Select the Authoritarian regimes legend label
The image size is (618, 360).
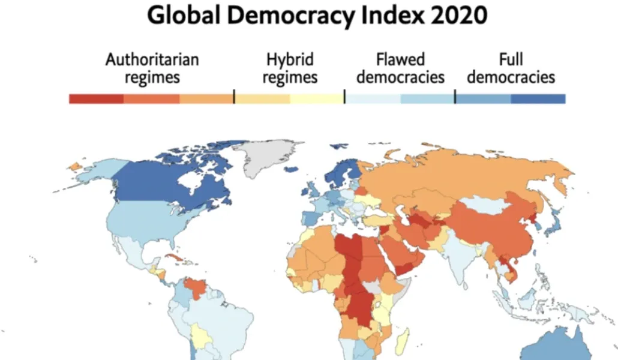point(152,68)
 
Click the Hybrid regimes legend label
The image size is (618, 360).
point(290,68)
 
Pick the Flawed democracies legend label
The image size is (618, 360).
point(400,68)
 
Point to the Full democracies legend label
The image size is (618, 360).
point(511,68)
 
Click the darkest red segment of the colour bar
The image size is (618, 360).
point(96,99)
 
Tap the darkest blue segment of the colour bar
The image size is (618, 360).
point(538,99)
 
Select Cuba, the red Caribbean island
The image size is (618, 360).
point(178,259)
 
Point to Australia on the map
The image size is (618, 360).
point(564,348)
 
